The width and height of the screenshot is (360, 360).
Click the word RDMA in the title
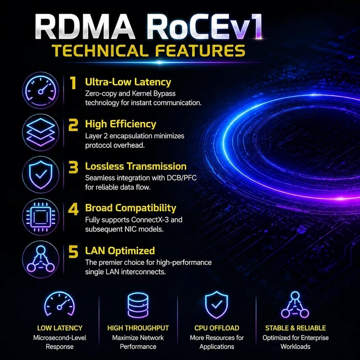[85, 27]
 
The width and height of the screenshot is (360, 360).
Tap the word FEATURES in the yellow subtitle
[200, 51]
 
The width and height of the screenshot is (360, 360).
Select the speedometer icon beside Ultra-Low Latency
[40, 90]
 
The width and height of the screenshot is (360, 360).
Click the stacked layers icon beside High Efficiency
[40, 133]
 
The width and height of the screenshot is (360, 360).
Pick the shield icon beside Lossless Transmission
[40, 175]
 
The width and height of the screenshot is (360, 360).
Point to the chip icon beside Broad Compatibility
[40, 217]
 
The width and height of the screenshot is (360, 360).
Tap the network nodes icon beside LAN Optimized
[40, 259]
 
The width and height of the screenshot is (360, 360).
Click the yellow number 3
[73, 167]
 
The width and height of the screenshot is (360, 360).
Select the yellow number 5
[73, 251]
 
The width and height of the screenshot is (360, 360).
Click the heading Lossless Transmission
[136, 166]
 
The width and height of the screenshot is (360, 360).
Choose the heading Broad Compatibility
[130, 208]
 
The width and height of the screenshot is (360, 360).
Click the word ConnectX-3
[150, 220]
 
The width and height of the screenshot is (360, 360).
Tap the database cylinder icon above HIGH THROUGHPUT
[138, 305]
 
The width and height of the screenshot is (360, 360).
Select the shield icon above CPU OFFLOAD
[217, 305]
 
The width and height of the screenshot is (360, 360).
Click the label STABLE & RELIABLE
[295, 328]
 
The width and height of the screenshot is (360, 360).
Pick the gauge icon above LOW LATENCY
[60, 304]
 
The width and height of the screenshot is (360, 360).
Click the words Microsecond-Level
[60, 337]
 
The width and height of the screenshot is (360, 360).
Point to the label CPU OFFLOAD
[217, 328]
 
